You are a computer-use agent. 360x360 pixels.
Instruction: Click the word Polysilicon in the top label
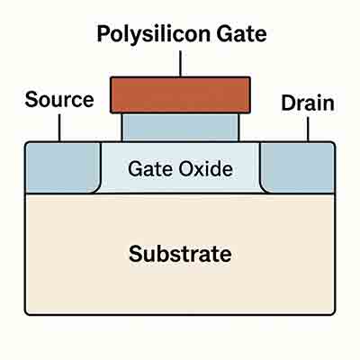click(x=148, y=36)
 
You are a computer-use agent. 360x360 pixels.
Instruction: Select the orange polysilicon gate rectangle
click(x=180, y=94)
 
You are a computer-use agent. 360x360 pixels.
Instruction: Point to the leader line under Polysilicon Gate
click(x=180, y=63)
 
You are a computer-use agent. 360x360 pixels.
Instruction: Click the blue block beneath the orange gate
click(x=180, y=126)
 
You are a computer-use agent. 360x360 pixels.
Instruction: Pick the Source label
click(x=58, y=100)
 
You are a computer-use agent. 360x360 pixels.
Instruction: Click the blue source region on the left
click(x=61, y=166)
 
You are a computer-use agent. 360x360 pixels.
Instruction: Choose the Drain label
click(x=307, y=103)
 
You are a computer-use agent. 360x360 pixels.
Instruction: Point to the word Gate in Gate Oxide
click(x=149, y=168)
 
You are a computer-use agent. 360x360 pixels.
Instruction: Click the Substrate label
click(x=180, y=253)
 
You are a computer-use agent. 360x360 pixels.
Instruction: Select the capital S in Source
click(x=31, y=100)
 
